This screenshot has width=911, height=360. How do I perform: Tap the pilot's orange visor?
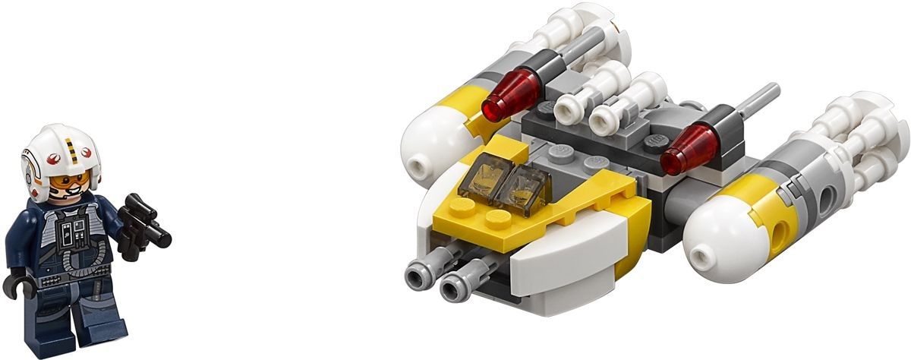tap(72, 181)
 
